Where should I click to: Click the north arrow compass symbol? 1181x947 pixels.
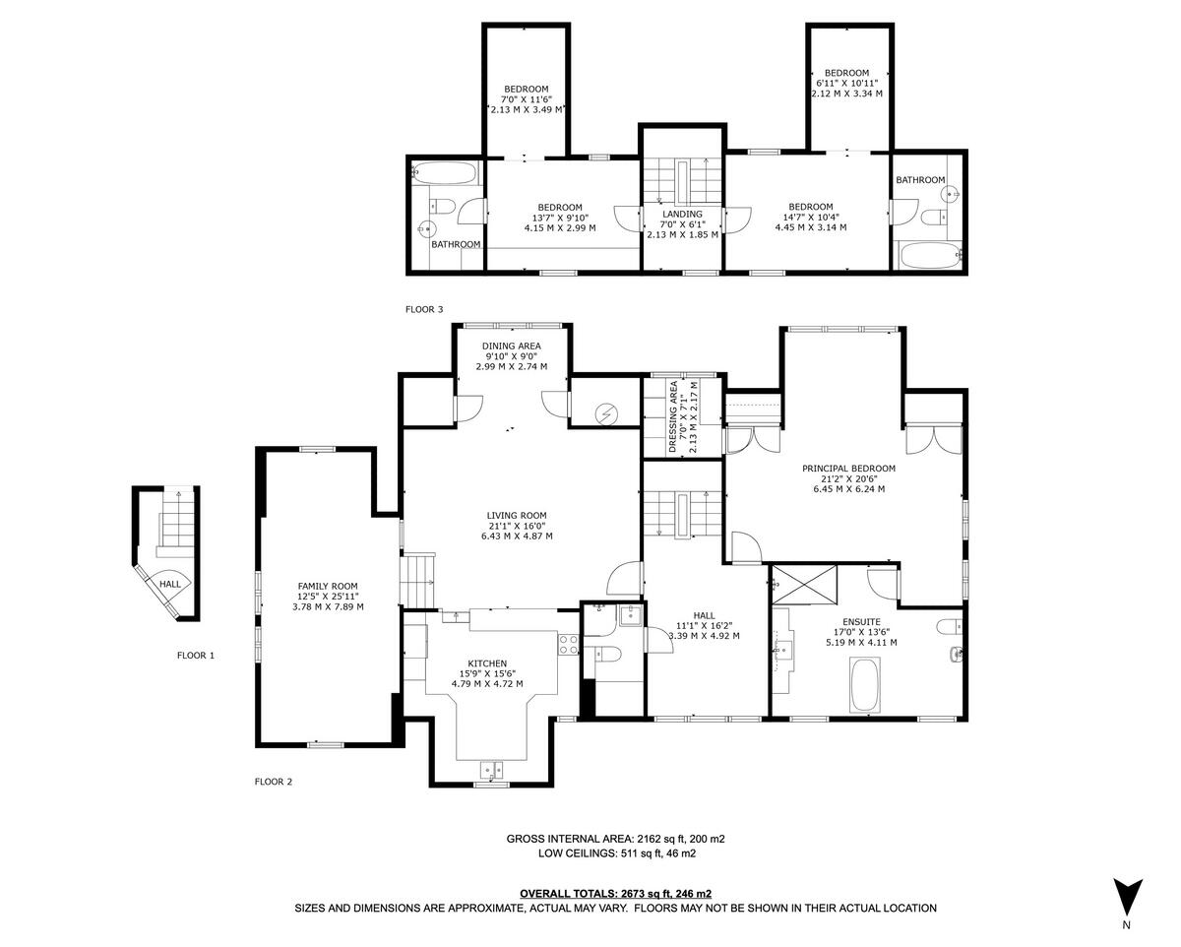click(x=1126, y=897)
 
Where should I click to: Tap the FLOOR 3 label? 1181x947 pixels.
click(x=424, y=309)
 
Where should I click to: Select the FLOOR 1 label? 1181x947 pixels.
click(x=195, y=655)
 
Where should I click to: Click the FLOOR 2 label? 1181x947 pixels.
click(x=274, y=782)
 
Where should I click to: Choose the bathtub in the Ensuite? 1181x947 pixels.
click(x=864, y=685)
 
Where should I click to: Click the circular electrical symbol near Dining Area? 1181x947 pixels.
click(x=606, y=414)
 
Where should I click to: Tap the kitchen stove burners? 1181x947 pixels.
click(x=568, y=644)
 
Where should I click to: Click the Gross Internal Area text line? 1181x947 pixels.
click(x=615, y=839)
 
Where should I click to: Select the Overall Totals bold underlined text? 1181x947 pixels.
click(x=615, y=894)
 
